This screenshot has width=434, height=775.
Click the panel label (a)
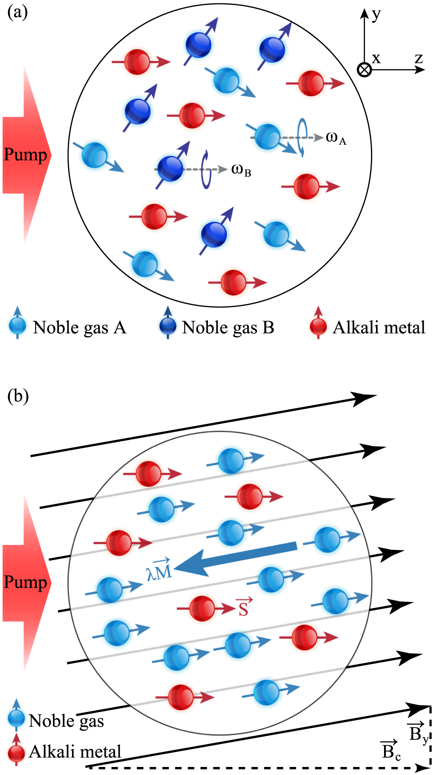(18, 13)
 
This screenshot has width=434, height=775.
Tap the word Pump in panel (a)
(25, 155)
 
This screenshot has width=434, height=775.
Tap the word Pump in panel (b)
(25, 582)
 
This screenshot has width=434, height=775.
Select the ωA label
(336, 138)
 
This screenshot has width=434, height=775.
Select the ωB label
(241, 170)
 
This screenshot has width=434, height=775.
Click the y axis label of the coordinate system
(376, 15)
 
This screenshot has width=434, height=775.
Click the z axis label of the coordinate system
(419, 58)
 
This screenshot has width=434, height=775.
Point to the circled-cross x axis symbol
(364, 69)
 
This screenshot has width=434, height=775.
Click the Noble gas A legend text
(80, 327)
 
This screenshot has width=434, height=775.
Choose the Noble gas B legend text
(228, 327)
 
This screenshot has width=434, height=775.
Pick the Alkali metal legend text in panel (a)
(379, 327)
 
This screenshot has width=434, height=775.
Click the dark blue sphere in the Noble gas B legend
(168, 326)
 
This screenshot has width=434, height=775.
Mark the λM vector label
(159, 570)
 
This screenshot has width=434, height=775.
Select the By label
(417, 732)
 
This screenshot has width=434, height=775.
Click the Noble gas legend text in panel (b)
(66, 721)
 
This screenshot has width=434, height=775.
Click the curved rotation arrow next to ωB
(206, 169)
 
